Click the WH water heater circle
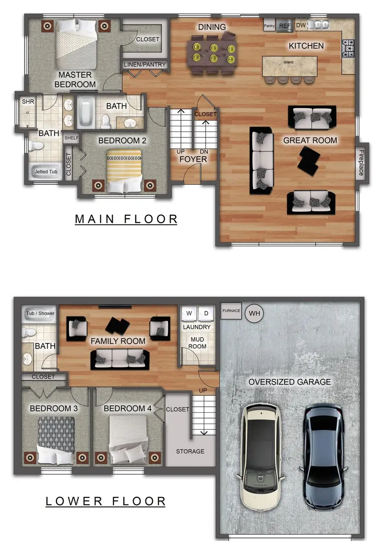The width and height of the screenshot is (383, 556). [x=254, y=314]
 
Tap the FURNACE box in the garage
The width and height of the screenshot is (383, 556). [x=231, y=311]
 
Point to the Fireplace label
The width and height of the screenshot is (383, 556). [x=361, y=163]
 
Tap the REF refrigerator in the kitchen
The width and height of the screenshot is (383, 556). [x=284, y=26]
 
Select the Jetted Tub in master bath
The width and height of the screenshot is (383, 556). [x=46, y=171]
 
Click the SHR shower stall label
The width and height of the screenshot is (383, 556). [x=28, y=102]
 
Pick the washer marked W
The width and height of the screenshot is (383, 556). [x=189, y=314]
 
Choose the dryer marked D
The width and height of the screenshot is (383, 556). [x=206, y=314]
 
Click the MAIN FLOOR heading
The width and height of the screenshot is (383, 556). [x=126, y=219]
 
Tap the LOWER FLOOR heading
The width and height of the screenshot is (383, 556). [x=106, y=501]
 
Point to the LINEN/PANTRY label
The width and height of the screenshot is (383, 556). [x=145, y=65]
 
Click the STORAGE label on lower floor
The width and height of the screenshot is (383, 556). [x=190, y=451]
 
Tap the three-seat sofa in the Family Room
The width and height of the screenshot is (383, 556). [x=120, y=359]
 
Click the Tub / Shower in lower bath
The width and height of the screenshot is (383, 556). [x=40, y=314]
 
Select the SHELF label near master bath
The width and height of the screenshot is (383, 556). [x=71, y=138]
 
